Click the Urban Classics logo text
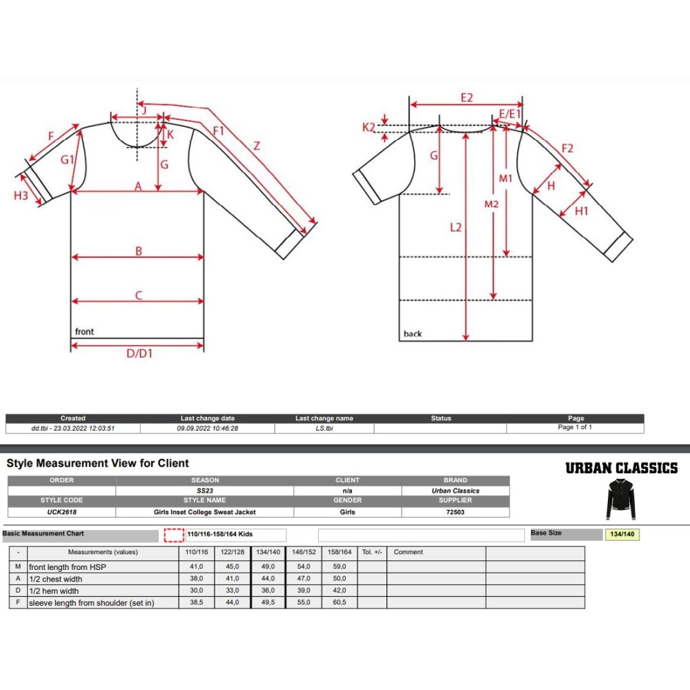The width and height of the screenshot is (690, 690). tap(621, 468)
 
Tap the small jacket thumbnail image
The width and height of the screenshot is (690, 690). tap(620, 500)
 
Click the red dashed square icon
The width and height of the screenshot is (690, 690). tap(174, 535)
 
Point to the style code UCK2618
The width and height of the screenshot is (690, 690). tap(61, 512)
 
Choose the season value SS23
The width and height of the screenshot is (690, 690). tap(204, 491)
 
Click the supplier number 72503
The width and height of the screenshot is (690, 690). tap(455, 512)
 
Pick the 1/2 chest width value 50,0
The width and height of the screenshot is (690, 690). tap(339, 579)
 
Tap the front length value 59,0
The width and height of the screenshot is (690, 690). tap(339, 567)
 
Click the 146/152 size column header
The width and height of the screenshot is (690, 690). tap(303, 552)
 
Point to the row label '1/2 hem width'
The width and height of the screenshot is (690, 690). tap(54, 591)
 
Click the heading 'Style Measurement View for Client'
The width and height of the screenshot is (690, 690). tap(97, 463)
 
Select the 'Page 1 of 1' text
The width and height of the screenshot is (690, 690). tap(575, 428)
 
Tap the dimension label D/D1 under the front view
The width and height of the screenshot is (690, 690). tap(139, 354)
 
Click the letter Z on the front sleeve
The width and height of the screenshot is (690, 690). tap(257, 146)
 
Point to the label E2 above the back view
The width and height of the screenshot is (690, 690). tap(466, 98)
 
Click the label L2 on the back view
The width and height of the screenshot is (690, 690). tap(455, 227)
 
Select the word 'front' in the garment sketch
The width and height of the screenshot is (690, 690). tap(84, 332)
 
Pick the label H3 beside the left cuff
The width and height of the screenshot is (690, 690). tap(21, 195)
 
